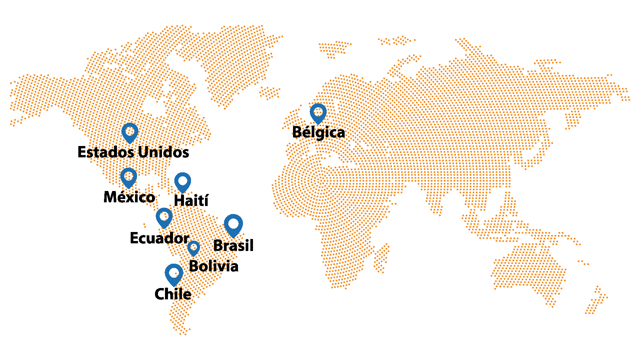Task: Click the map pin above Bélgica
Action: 318,113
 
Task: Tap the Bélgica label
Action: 318,132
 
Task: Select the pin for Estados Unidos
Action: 130,132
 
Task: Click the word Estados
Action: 106,152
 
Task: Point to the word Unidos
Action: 163,152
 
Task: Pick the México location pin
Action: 129,177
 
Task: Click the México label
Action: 129,197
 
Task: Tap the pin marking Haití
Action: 183,182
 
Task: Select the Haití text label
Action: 191,201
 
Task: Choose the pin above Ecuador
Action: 164,217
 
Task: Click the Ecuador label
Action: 159,238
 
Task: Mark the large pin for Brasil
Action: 233,224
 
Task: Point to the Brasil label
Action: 233,246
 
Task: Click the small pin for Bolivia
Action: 193,248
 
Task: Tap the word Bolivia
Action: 213,266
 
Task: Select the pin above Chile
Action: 174,274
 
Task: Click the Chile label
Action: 173,294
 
